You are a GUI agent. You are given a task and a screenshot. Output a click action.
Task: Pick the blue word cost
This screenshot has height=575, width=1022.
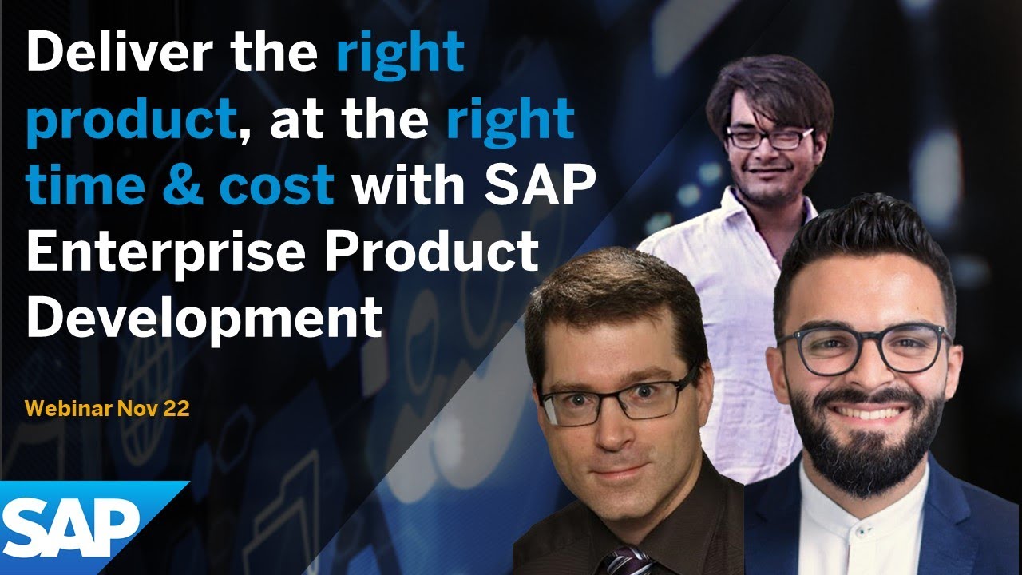point(276,185)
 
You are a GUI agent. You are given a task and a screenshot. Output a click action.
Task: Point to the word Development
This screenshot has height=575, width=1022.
point(204,317)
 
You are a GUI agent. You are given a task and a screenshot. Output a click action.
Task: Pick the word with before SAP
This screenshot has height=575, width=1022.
point(407,185)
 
